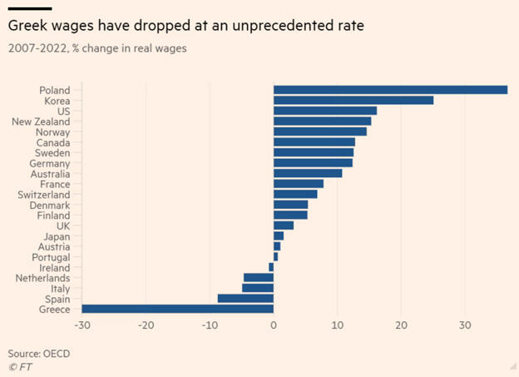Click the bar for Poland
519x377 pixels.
pyautogui.click(x=390, y=90)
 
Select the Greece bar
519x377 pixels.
pyautogui.click(x=177, y=309)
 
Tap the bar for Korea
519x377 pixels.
pyautogui.click(x=353, y=100)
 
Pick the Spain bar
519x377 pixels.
pyautogui.click(x=245, y=298)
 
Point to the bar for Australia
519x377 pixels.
pyautogui.click(x=308, y=173)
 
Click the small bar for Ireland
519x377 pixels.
pyautogui.click(x=271, y=267)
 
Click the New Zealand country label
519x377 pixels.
pyautogui.click(x=41, y=122)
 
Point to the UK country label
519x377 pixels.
pyautogui.click(x=62, y=226)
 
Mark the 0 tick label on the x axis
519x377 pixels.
pyautogui.click(x=274, y=325)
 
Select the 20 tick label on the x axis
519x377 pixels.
pyautogui.click(x=401, y=325)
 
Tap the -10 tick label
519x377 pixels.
pyautogui.click(x=210, y=325)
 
